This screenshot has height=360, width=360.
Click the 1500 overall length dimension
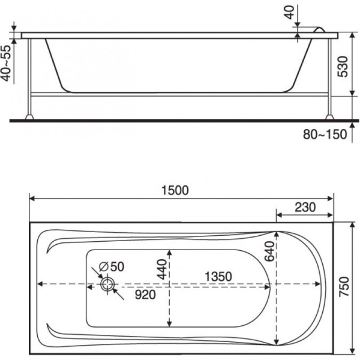(175, 190)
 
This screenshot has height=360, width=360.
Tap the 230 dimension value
(305, 208)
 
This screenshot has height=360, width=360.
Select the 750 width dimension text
(344, 287)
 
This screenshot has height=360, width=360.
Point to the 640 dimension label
(269, 251)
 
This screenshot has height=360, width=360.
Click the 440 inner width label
(162, 269)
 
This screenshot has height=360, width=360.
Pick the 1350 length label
(218, 277)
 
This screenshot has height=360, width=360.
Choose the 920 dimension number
(145, 295)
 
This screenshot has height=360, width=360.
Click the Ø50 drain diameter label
(112, 266)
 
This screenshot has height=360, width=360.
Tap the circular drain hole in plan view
(107, 284)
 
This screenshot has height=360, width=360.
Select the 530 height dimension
(343, 67)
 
